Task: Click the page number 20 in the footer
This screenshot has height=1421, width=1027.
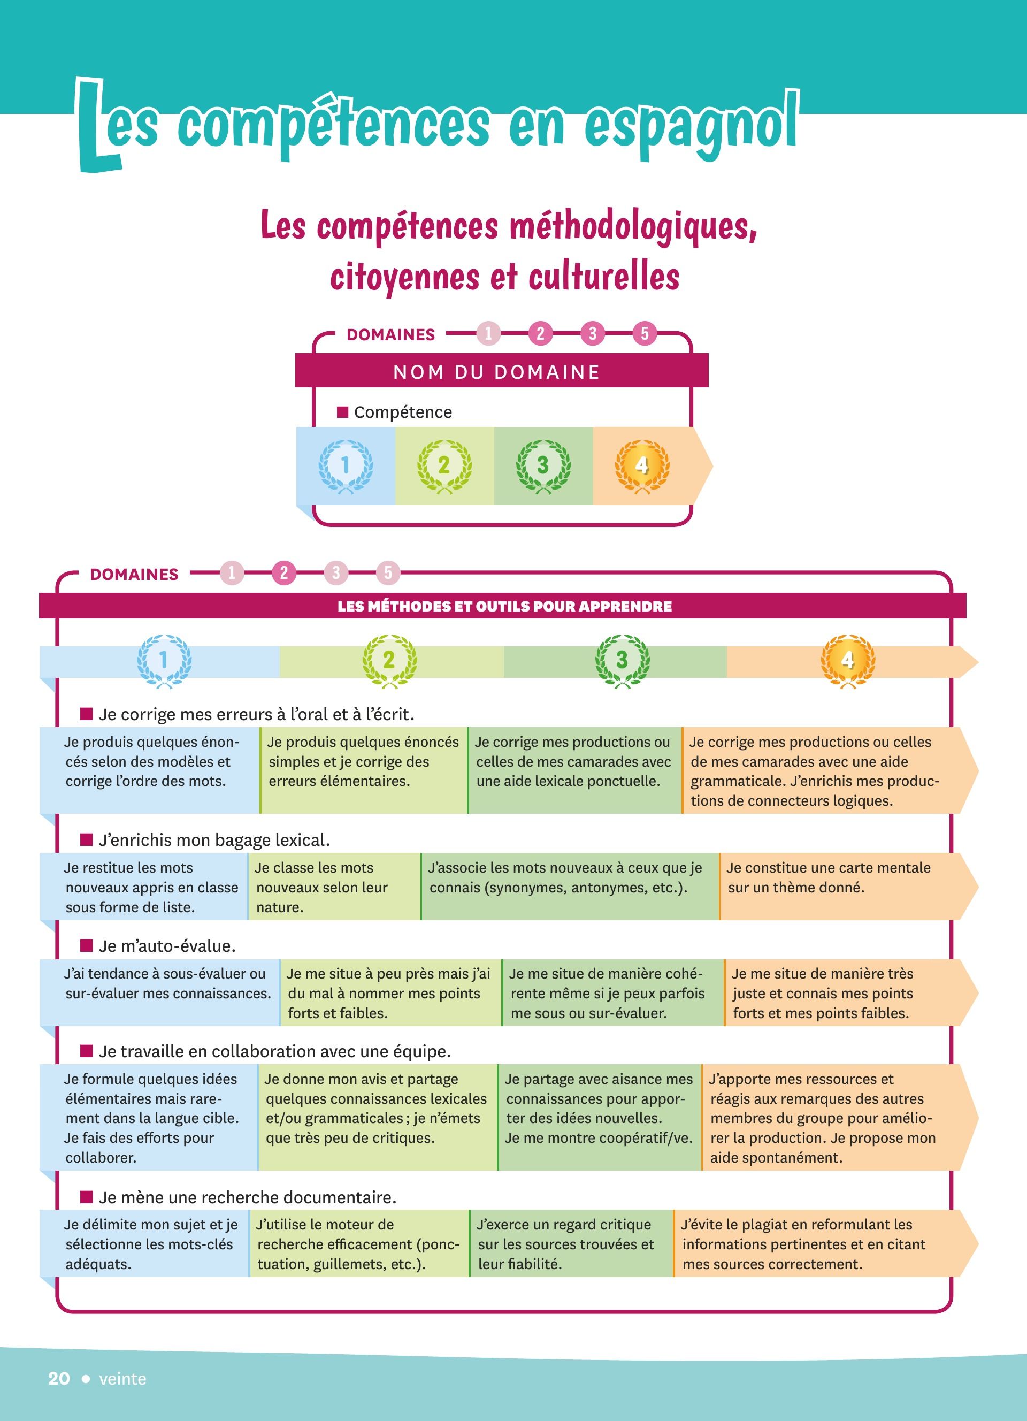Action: coord(59,1378)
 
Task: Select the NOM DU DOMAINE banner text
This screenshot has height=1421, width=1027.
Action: coord(496,372)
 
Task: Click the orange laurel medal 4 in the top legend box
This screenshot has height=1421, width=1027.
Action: coord(642,467)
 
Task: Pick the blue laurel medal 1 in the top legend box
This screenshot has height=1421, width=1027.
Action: coord(345,467)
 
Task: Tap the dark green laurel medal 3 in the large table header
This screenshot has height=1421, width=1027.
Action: coord(622,661)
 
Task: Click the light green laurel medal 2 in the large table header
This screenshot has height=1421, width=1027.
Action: coord(389,661)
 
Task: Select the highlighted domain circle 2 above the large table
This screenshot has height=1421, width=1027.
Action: coord(283,572)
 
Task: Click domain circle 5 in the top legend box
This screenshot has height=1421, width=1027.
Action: coord(645,333)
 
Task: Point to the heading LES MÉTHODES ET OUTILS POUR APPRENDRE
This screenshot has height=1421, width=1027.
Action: coord(505,607)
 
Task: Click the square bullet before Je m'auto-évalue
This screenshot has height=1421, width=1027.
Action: coord(87,945)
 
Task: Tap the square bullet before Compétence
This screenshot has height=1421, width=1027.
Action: coord(342,411)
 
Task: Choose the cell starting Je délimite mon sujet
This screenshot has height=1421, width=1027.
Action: coord(144,1244)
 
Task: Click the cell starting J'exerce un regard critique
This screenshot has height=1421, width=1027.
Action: coord(571,1244)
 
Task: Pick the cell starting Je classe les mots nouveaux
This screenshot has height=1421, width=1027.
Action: coord(334,886)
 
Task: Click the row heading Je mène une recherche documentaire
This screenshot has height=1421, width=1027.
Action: coord(247,1197)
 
